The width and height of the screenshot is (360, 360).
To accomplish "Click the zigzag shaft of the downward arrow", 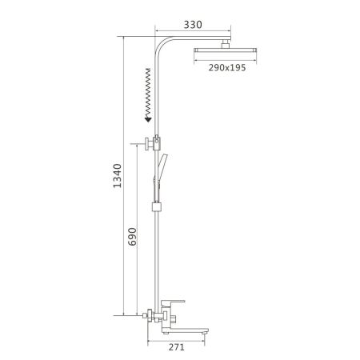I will (x=148, y=92).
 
